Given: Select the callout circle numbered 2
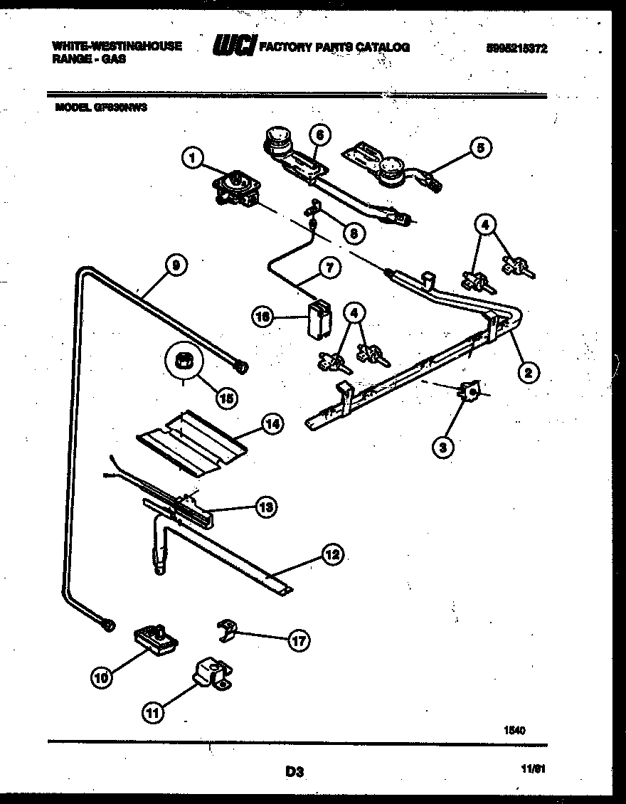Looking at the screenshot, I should (x=528, y=371).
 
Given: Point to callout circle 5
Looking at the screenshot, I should (x=481, y=148).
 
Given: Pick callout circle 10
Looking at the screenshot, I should (x=102, y=678).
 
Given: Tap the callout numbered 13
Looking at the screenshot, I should (x=267, y=507).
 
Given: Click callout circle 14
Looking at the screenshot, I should (x=272, y=425).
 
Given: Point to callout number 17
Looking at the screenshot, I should (x=299, y=641).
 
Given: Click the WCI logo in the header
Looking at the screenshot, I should (x=234, y=47).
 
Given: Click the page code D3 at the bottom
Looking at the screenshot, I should (x=295, y=771).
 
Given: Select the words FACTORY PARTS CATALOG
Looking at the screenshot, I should (x=334, y=47).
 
